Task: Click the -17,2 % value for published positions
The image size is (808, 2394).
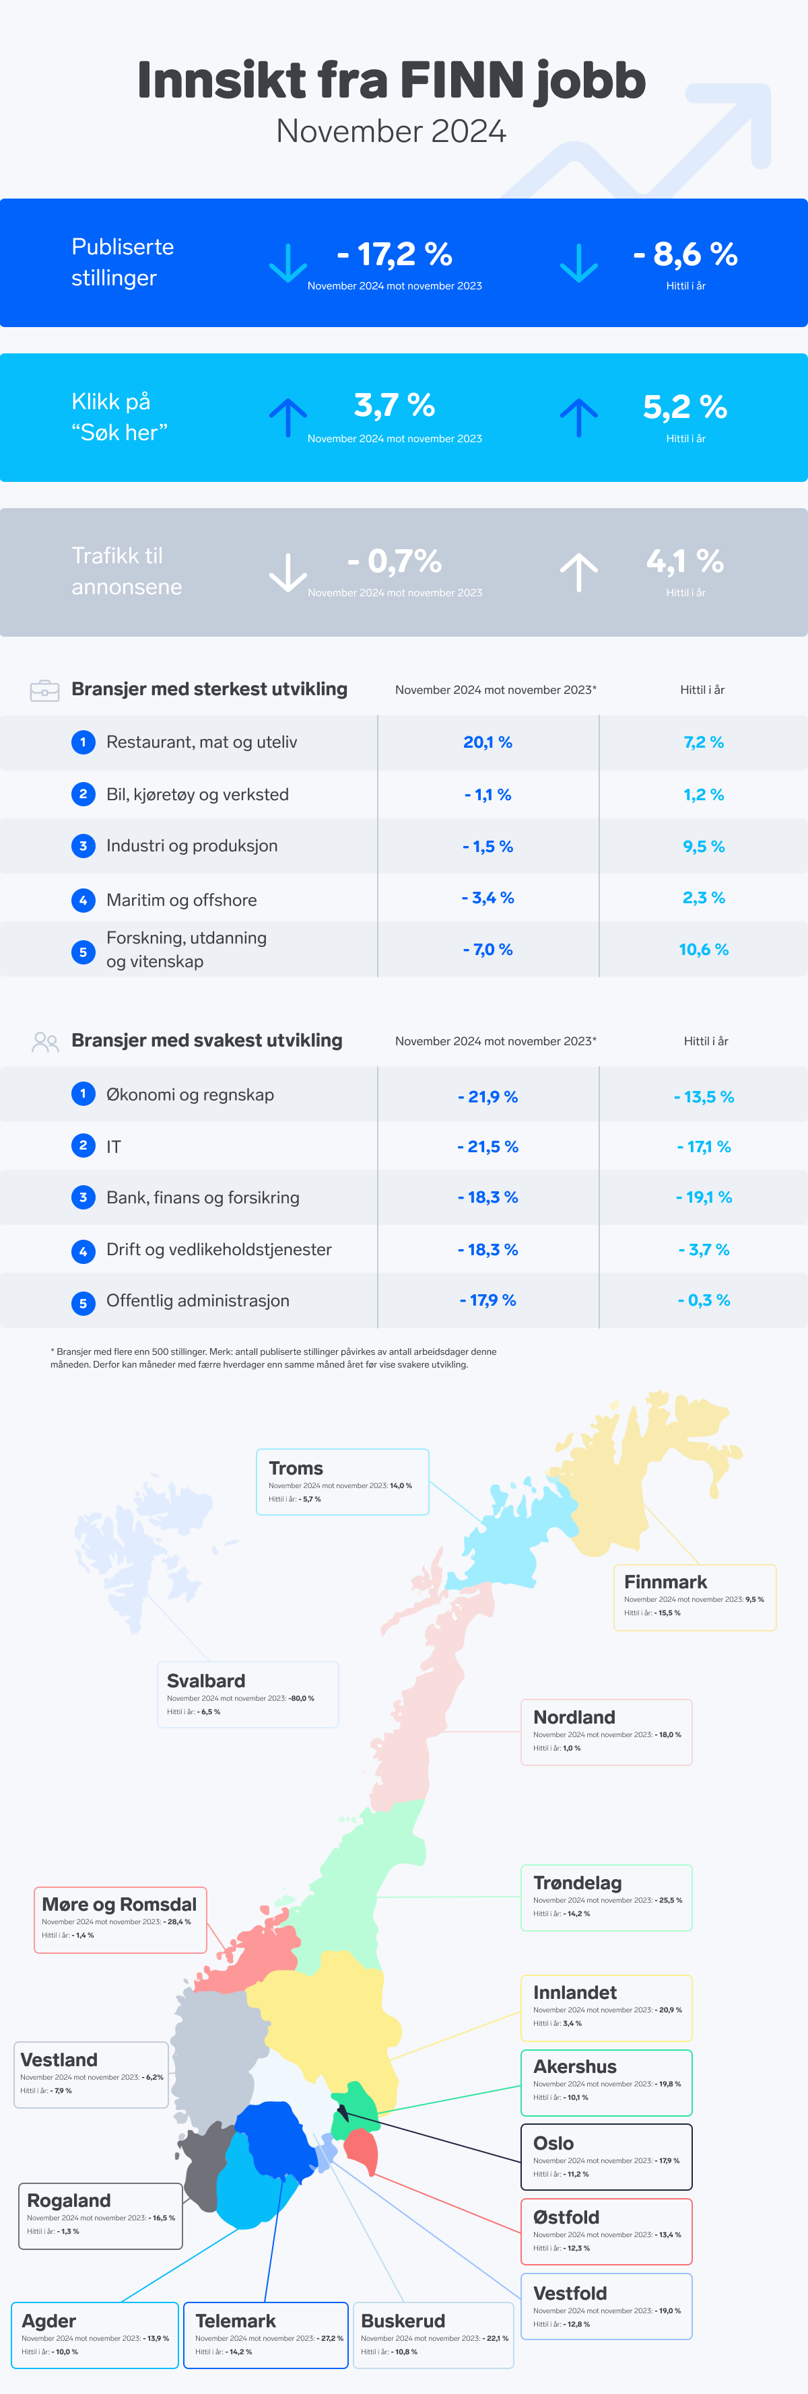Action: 395,254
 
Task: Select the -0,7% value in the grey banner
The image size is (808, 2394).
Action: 395,561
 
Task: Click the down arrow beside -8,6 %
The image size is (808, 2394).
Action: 578,263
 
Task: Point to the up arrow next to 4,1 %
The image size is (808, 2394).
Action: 578,571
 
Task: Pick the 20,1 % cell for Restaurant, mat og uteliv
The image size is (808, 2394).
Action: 487,742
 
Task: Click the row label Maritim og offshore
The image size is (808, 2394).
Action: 181,900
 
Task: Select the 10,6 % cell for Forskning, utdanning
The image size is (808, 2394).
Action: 703,950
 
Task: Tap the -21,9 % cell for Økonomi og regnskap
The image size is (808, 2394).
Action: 487,1096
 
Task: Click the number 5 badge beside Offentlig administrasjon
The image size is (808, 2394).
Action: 83,1303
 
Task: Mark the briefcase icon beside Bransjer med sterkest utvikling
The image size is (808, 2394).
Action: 44,691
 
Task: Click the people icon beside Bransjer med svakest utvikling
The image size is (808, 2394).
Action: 44,1042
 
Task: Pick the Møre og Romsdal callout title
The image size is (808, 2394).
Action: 119,1904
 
